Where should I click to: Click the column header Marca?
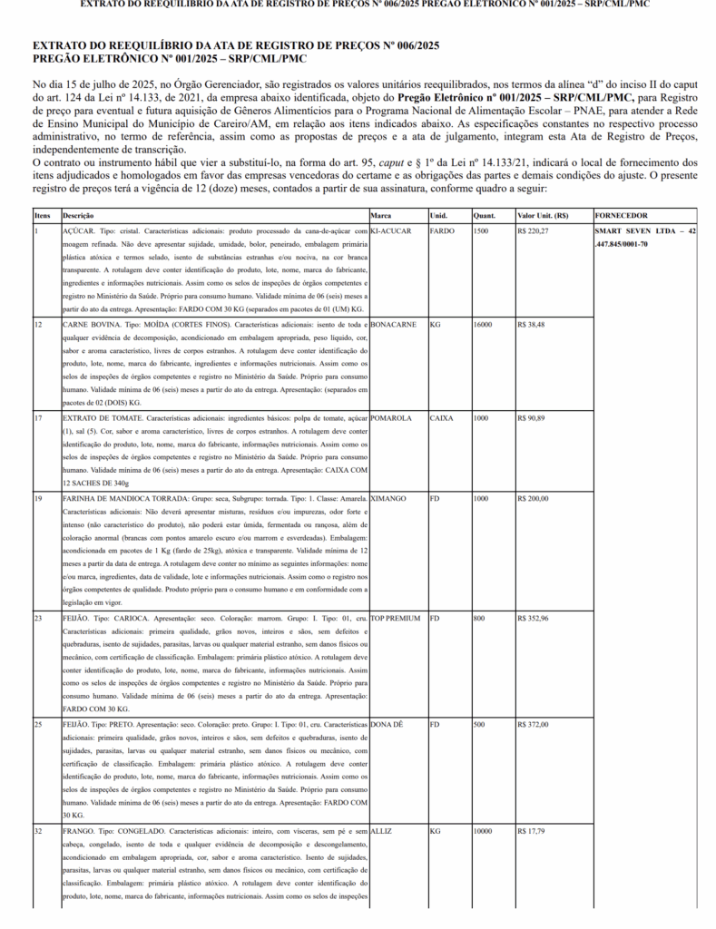(381, 216)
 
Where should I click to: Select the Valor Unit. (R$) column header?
(542, 216)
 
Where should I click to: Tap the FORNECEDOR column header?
(622, 216)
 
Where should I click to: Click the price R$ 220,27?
(534, 231)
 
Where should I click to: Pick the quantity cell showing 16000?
(485, 324)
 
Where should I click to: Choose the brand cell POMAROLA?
(391, 418)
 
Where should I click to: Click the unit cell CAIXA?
(441, 418)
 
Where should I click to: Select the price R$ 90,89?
(532, 418)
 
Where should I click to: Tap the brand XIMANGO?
(388, 499)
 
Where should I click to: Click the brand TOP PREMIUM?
(396, 618)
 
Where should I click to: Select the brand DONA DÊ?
(388, 725)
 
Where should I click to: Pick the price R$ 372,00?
(534, 725)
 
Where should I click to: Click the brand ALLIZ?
(380, 831)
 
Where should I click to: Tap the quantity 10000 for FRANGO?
(485, 831)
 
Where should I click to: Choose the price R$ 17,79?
(532, 831)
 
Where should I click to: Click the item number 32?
(39, 831)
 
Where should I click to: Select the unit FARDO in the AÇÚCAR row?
(442, 231)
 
